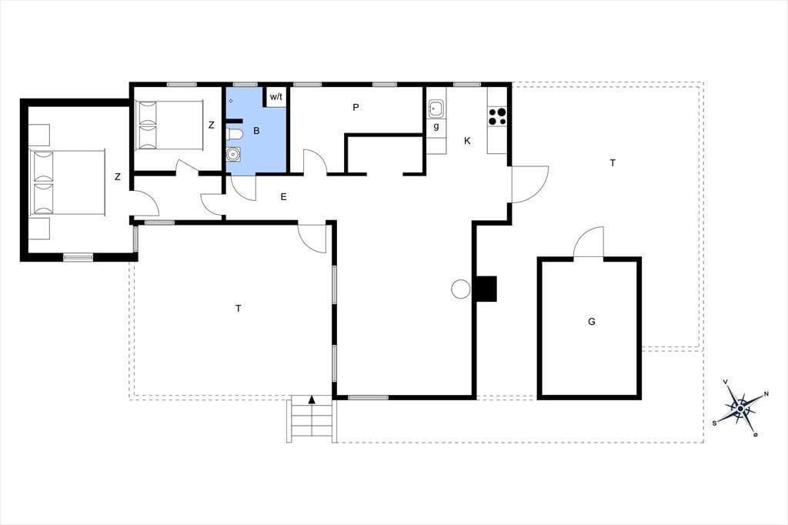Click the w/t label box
tap(276, 97)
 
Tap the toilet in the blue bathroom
tap(234, 134)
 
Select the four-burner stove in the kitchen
tap(497, 117)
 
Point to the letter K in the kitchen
tap(467, 142)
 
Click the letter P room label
tap(356, 107)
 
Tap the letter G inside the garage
tap(592, 321)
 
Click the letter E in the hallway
tap(283, 196)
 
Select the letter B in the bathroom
tap(256, 131)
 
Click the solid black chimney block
tap(486, 289)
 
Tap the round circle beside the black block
tap(460, 289)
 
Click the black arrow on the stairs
tap(312, 400)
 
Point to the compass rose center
tap(740, 410)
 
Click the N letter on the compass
tap(766, 394)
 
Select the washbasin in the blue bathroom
tap(233, 154)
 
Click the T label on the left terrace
tap(239, 308)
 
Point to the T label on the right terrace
tap(612, 163)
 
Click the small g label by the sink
tap(436, 127)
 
